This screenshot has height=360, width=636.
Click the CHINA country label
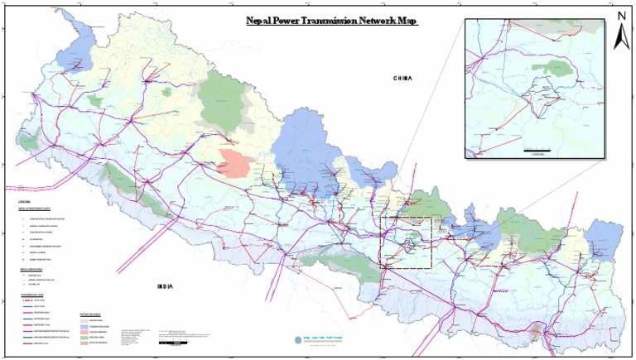coord(402,79)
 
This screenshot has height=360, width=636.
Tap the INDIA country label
coord(166,286)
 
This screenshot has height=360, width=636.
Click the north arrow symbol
coord(620,38)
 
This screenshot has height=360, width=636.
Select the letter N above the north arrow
coord(621,16)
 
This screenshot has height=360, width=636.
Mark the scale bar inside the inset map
coord(537,150)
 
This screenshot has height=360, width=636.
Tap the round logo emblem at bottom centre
coord(298,339)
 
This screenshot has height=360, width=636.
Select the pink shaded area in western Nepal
coord(235,163)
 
